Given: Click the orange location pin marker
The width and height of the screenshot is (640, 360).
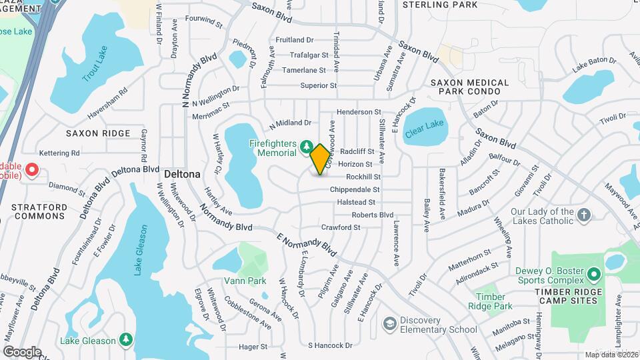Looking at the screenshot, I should (x=320, y=159).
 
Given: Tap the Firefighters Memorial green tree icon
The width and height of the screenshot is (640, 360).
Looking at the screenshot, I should (x=306, y=145).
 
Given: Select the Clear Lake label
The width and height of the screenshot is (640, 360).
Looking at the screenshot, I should (x=423, y=125).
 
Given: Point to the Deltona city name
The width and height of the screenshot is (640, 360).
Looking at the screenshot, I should (x=182, y=173).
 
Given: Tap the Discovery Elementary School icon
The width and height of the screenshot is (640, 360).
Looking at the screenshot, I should (x=389, y=324).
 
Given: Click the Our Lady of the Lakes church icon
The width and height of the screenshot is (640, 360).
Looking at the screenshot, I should (x=584, y=215).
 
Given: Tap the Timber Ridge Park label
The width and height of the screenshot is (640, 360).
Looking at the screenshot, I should (x=494, y=301).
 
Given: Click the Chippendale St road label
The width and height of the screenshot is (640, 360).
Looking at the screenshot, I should (x=354, y=190).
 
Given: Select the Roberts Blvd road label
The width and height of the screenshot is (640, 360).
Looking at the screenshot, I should (x=372, y=215).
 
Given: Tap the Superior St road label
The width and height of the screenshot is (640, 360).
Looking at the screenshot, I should (x=318, y=85).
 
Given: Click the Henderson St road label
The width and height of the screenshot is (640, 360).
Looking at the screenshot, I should (x=359, y=112).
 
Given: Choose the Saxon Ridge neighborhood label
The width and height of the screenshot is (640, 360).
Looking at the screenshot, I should (x=98, y=133).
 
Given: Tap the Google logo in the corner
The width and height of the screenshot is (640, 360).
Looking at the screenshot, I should (x=21, y=351).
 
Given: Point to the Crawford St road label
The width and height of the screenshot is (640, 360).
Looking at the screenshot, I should (x=340, y=227).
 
